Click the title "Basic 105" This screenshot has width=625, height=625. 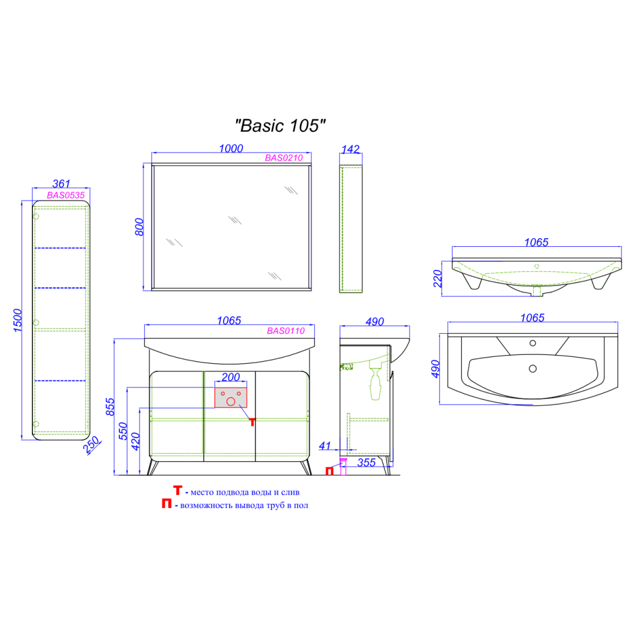281,126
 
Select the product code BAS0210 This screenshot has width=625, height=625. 284,158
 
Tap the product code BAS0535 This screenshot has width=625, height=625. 66,195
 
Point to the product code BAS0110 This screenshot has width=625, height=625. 286,331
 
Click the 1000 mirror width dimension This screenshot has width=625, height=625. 231,148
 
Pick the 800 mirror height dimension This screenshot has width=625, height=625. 139,227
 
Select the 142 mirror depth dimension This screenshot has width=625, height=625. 351,149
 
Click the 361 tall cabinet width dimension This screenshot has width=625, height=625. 61,184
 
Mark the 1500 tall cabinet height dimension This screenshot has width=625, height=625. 17,320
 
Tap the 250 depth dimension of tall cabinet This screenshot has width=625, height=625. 91,444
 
